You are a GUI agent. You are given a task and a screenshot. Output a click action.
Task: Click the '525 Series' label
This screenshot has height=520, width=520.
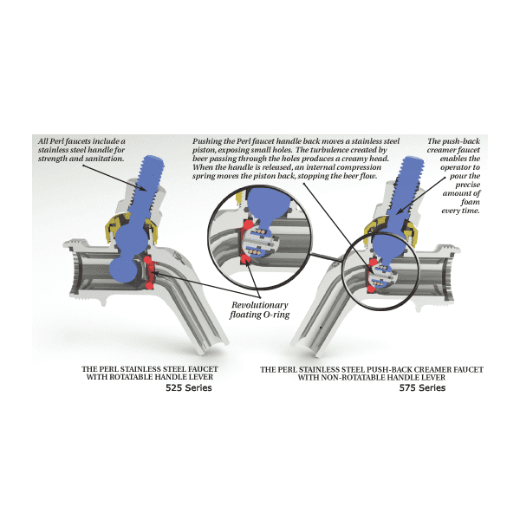pos(189,387)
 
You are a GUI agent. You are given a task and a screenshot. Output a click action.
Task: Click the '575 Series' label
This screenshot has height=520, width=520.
pos(422,387)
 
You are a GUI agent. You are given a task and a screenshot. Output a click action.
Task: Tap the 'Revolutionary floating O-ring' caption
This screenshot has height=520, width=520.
pos(260,309)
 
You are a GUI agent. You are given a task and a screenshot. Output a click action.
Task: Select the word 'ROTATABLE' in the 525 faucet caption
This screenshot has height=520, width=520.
pos(131,377)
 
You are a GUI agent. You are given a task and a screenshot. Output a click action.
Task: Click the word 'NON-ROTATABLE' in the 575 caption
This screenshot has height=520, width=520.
pos(354,377)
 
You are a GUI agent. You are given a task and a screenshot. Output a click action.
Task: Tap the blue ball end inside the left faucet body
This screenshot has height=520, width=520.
pos(123,270)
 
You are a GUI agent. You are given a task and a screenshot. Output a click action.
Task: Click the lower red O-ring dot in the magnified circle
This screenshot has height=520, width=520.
pos(246,260)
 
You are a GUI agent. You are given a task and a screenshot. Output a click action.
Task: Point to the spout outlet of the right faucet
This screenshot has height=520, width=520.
pos(305,348)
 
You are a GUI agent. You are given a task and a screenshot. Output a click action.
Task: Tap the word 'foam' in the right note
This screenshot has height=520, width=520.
pos(471,202)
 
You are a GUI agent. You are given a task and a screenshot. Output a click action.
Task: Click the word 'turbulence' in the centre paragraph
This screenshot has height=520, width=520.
pos(328,150)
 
